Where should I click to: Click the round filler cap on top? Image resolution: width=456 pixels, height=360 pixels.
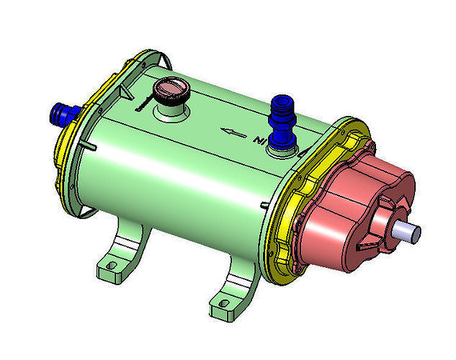click(172, 91)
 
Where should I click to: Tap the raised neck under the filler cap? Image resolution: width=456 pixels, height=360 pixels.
click(172, 109)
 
